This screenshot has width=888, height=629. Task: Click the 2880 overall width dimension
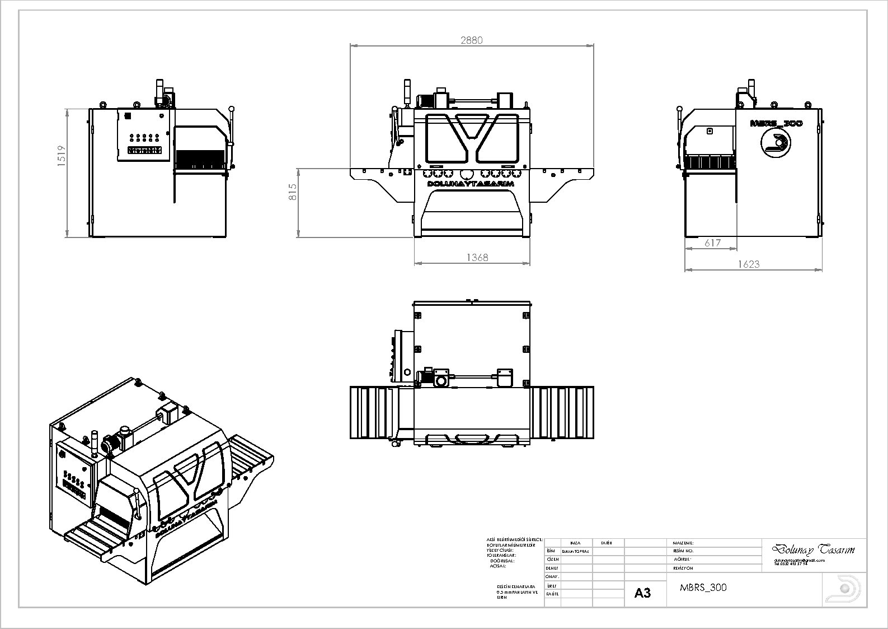(x=471, y=40)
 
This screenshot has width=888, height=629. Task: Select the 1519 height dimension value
(x=62, y=155)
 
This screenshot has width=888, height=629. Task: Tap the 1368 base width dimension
(x=477, y=257)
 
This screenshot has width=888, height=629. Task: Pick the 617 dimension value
(x=712, y=243)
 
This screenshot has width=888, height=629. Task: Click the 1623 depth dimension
(x=748, y=264)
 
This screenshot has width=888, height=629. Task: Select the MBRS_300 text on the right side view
(x=776, y=123)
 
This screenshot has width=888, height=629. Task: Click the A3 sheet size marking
(x=642, y=593)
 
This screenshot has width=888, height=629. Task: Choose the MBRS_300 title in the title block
(x=703, y=588)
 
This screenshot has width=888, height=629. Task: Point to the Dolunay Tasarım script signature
(x=813, y=549)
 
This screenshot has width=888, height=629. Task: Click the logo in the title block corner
(x=844, y=589)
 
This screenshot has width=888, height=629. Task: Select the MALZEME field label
(x=683, y=543)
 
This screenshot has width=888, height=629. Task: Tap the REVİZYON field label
(x=683, y=568)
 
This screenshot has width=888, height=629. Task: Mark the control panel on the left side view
(x=143, y=136)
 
